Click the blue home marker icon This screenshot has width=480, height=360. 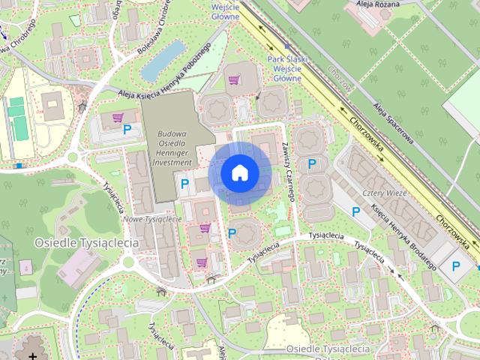[x=239, y=172]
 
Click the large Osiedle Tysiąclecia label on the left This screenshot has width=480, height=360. [x=87, y=242]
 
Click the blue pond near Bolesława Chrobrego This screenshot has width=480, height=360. [x=163, y=61]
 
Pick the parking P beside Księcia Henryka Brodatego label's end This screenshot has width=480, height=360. [x=455, y=265]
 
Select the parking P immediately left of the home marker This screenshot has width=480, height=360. [x=184, y=182]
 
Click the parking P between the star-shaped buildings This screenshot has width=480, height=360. [x=311, y=163]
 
